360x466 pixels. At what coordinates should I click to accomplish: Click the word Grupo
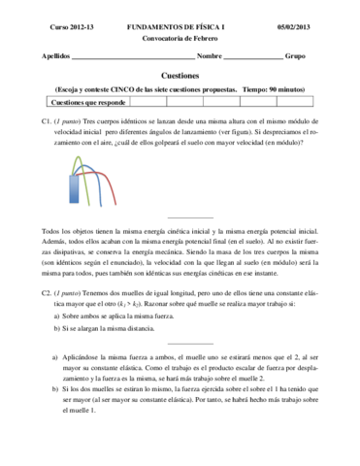point(295,57)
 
